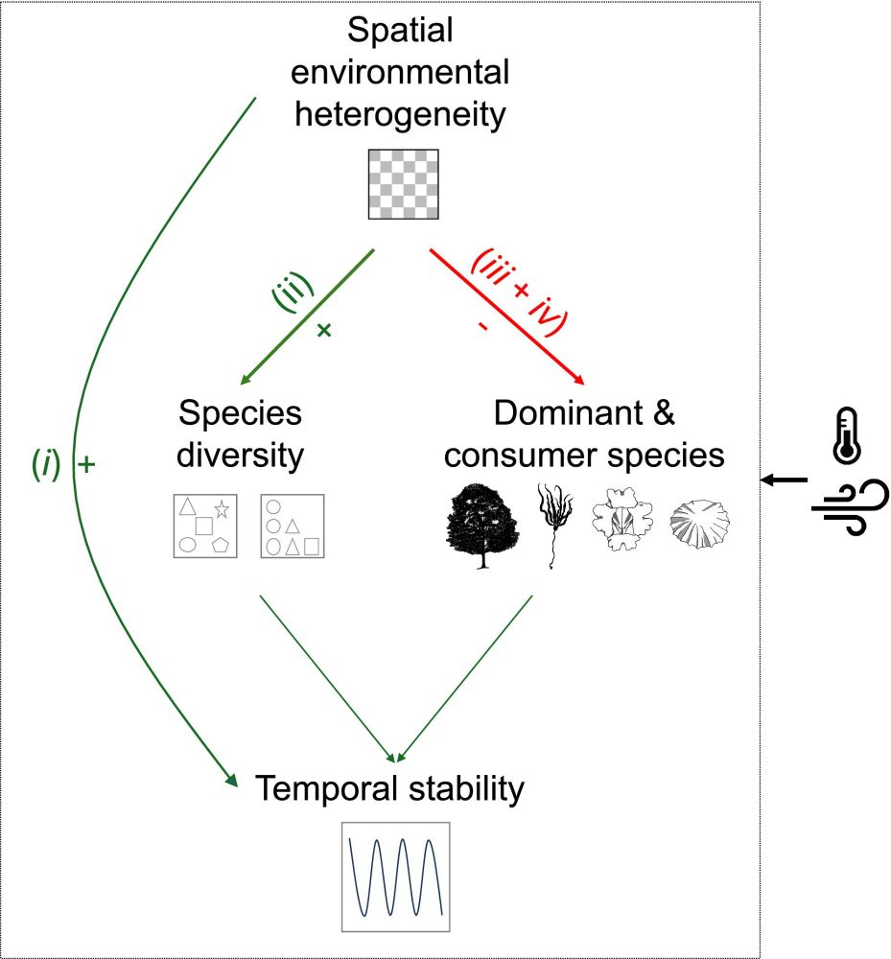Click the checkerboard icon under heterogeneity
tap(404, 184)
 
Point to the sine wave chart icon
tap(395, 877)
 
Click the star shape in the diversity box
tap(222, 507)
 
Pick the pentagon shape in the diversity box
tap(220, 546)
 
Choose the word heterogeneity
tap(399, 117)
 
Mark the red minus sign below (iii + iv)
tap(481, 327)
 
